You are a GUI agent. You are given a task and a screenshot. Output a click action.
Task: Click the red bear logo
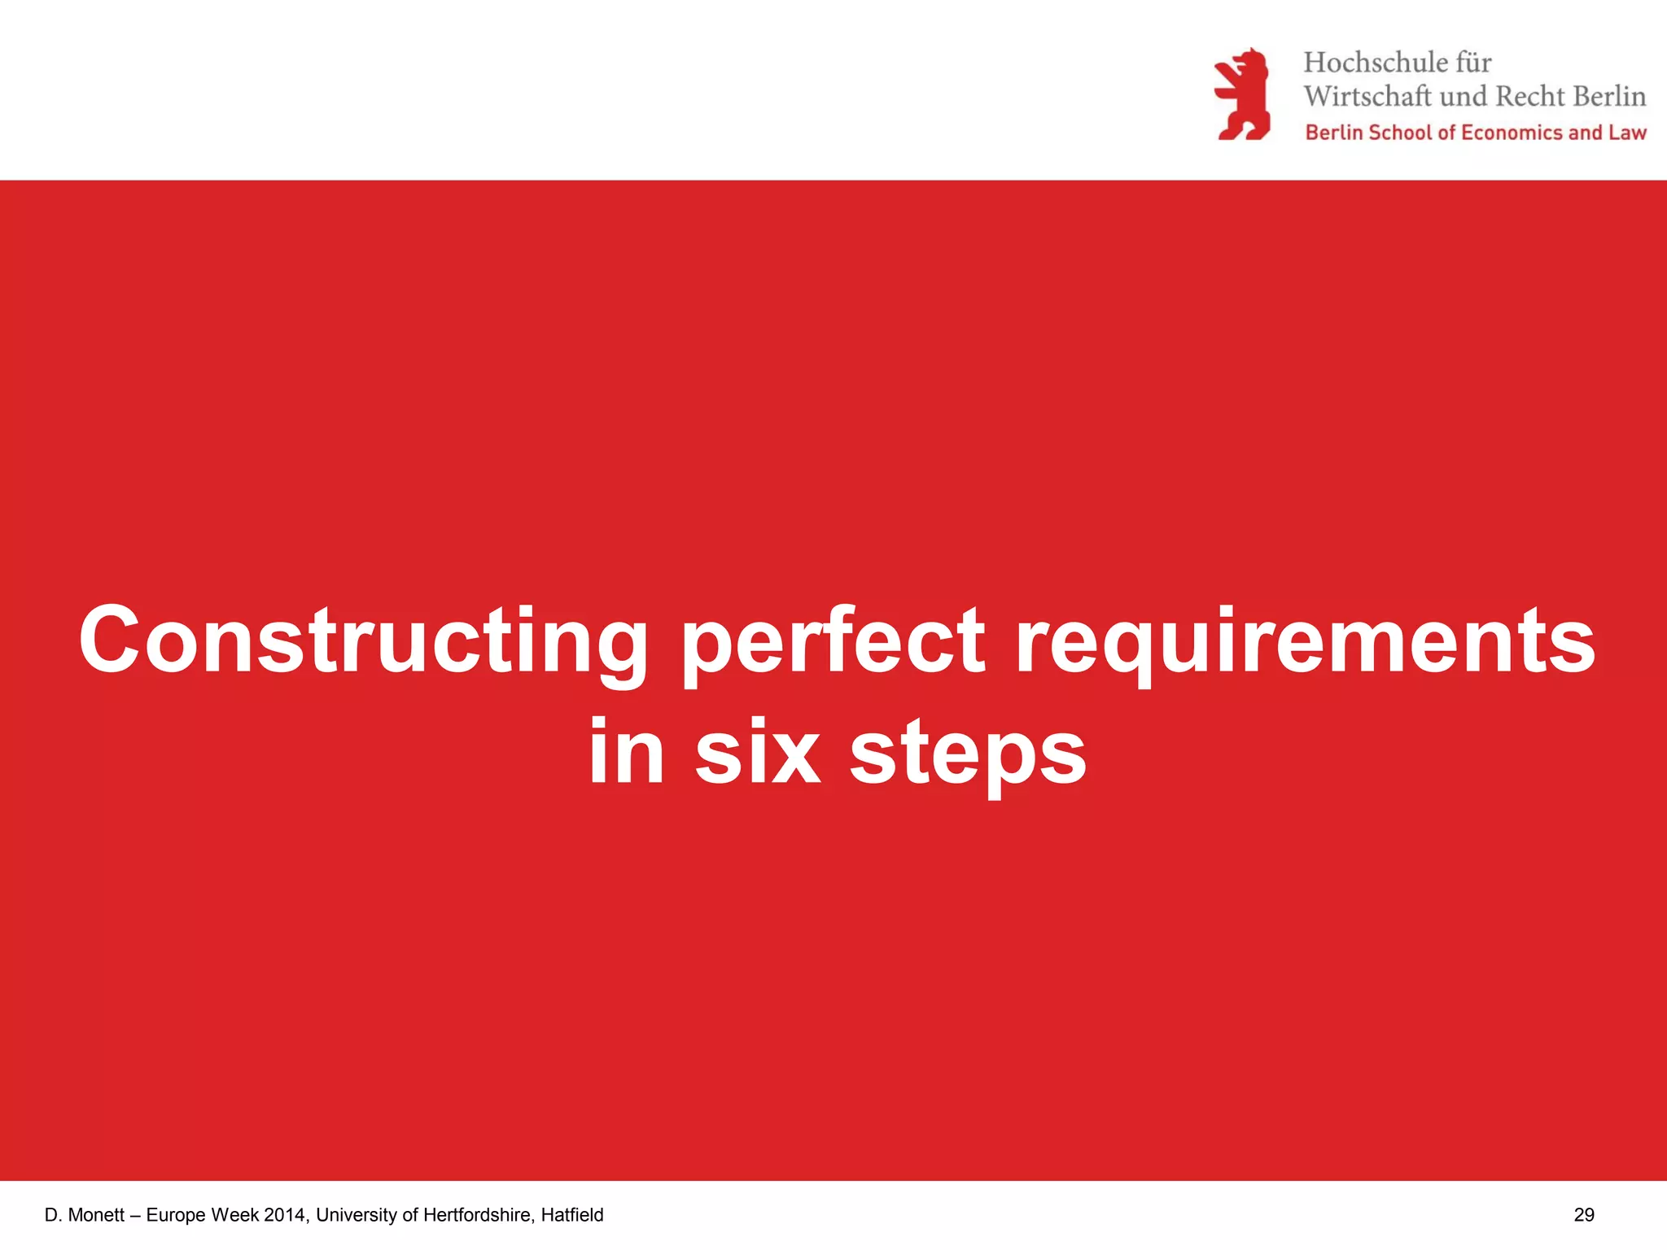(x=1242, y=94)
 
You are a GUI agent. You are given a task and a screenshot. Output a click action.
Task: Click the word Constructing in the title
(x=363, y=641)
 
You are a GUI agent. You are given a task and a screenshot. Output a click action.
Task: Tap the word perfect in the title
(x=833, y=641)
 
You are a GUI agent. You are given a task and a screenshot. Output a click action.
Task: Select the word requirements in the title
(x=1305, y=641)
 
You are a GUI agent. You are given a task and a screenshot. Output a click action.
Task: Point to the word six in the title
(x=757, y=753)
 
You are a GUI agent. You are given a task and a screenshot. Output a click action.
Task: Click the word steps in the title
(x=968, y=753)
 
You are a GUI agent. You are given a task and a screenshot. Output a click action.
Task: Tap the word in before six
(x=625, y=753)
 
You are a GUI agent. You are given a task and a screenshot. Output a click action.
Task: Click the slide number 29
(x=1584, y=1215)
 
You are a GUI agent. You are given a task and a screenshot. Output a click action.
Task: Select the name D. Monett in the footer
(x=85, y=1215)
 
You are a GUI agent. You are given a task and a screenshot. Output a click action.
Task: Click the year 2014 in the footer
(x=286, y=1215)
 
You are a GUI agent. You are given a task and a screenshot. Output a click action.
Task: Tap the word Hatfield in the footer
(x=572, y=1215)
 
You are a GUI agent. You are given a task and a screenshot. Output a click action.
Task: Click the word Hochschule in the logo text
(x=1375, y=63)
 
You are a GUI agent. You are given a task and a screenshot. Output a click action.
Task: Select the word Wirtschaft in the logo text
(x=1367, y=97)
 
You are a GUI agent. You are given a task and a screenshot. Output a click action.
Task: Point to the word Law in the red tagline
(x=1627, y=133)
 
